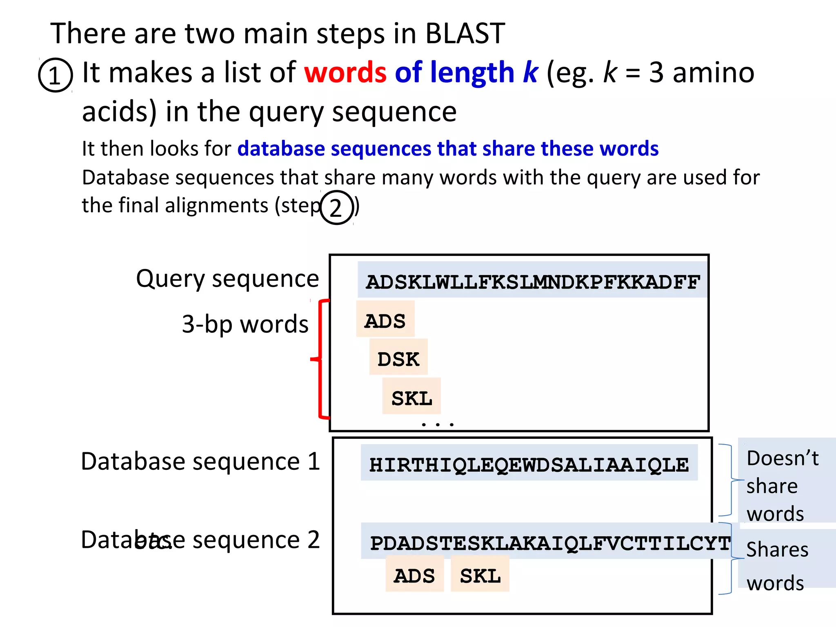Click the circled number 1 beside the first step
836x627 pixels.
[55, 75]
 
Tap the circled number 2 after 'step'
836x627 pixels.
[336, 207]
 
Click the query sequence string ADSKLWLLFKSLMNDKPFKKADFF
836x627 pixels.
[532, 282]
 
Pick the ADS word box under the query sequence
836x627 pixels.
[385, 321]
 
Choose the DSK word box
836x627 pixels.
[398, 359]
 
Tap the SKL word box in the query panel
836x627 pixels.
[411, 398]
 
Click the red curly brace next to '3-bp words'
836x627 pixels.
[320, 359]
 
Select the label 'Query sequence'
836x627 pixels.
[227, 279]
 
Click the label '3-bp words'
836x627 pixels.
[245, 325]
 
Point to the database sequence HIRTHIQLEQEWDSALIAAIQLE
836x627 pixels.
[529, 465]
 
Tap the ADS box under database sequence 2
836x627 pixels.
[414, 576]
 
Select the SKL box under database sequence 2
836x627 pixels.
[480, 576]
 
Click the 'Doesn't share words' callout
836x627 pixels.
[782, 486]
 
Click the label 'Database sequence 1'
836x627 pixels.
[200, 462]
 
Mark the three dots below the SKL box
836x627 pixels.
[438, 425]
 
